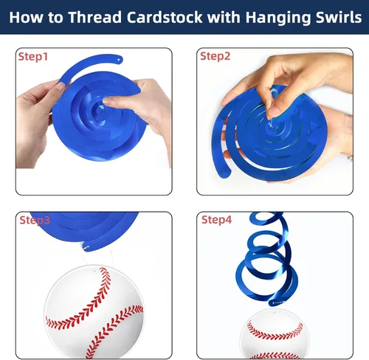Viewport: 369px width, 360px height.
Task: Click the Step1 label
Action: point(33,57)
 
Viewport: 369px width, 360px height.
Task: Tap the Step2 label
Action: point(215,56)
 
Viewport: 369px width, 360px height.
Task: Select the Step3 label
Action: point(35,220)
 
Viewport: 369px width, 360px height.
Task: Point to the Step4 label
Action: point(216,220)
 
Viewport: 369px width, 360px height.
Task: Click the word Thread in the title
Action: point(94,18)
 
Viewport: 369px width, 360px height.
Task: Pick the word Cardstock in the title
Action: point(165,18)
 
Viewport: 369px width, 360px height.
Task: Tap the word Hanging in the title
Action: point(278,18)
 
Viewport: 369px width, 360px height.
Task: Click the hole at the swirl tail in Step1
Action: point(119,60)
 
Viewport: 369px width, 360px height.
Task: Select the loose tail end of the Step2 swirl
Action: point(224,171)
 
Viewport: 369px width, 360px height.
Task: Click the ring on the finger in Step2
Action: point(350,158)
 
